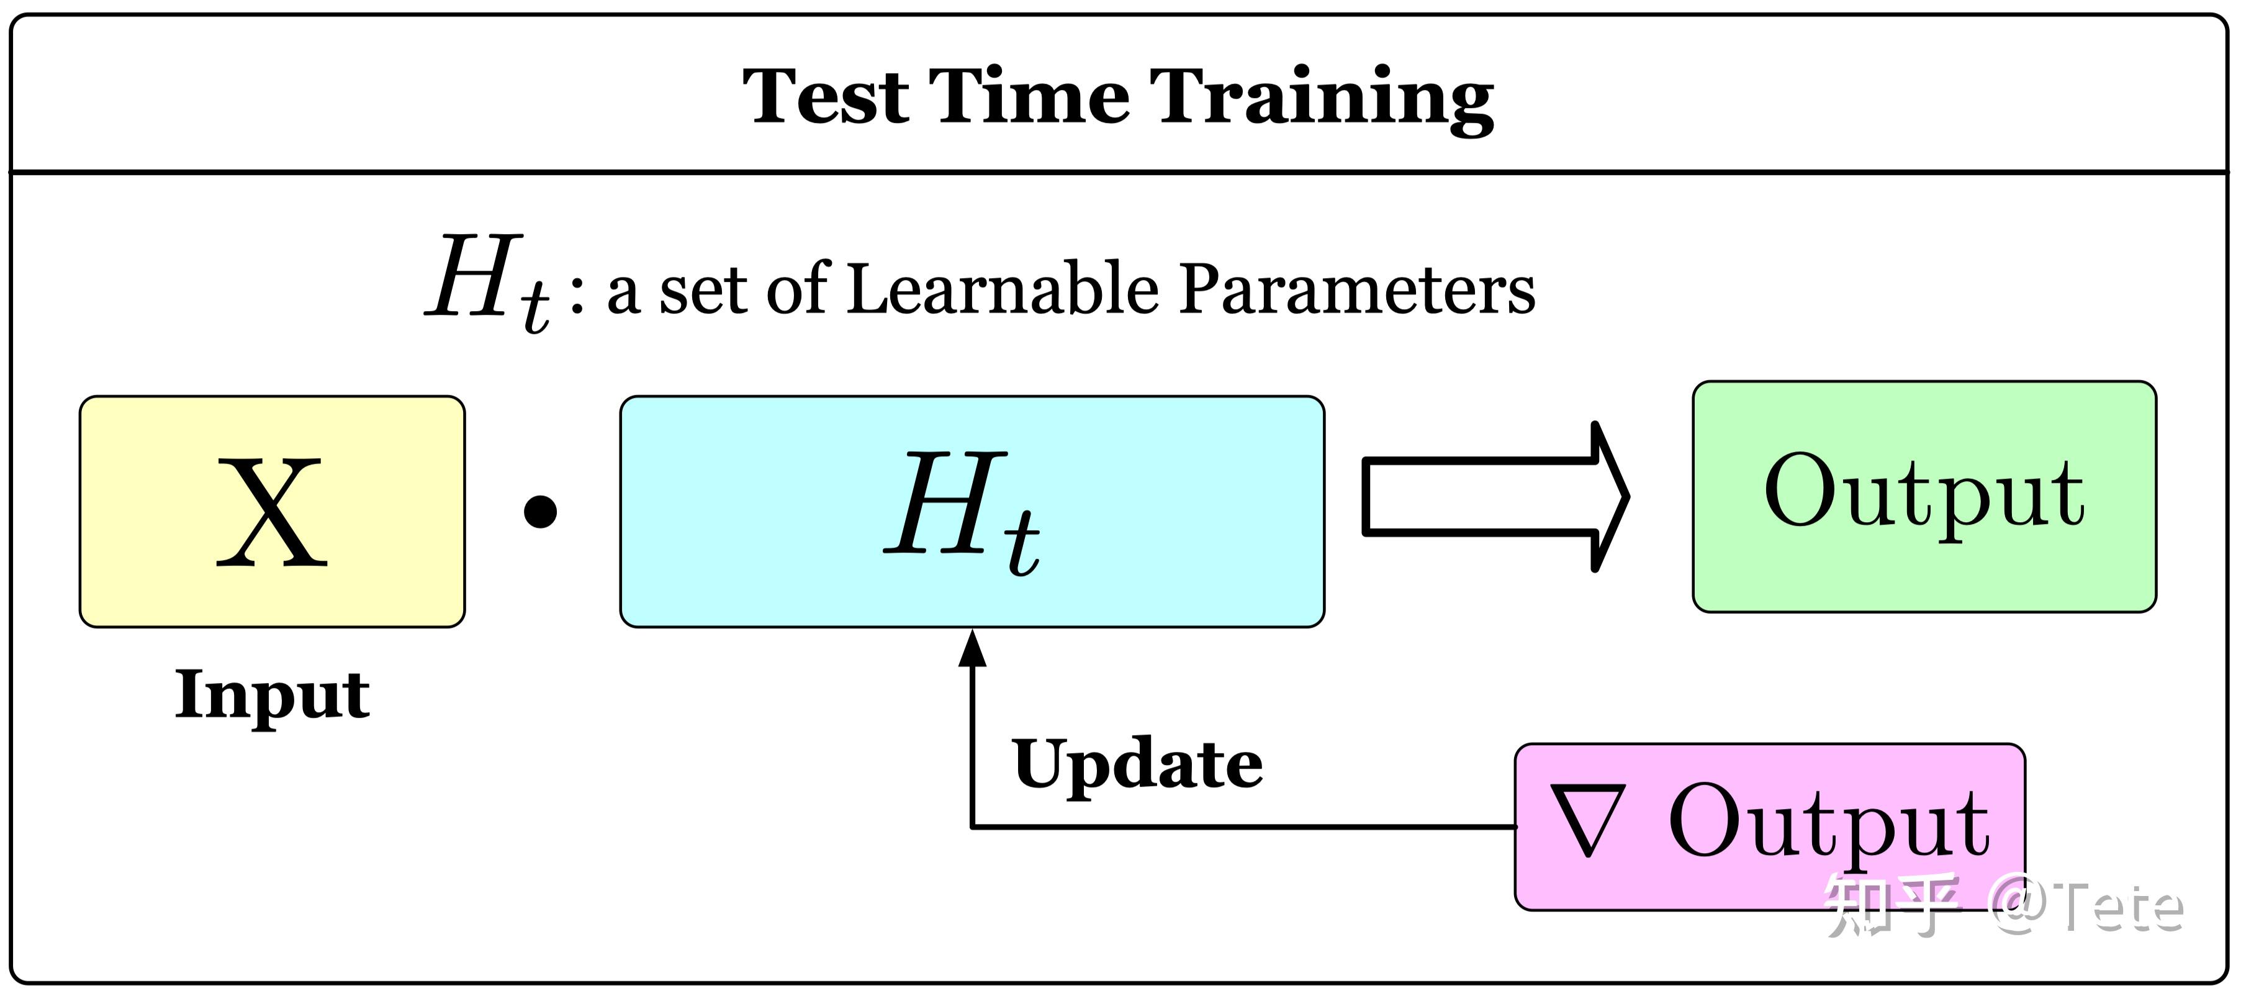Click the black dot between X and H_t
coord(540,512)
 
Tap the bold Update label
coord(1138,764)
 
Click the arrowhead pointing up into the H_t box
coord(972,649)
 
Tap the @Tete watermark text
coord(2088,907)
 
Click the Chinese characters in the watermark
coord(1893,907)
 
